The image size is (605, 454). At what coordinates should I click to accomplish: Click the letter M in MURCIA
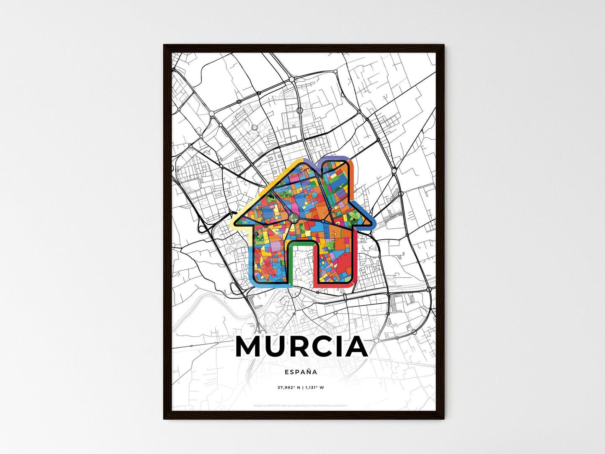pos(250,347)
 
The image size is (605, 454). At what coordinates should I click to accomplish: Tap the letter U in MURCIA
pos(277,347)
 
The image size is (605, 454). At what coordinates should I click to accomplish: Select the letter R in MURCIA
pos(301,347)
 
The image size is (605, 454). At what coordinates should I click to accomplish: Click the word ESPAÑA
pos(301,371)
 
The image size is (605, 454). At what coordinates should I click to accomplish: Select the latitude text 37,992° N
pos(289,387)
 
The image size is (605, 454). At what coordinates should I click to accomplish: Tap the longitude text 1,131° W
pos(314,387)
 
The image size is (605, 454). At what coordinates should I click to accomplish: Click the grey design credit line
pos(301,405)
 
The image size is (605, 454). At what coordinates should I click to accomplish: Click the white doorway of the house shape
pos(301,264)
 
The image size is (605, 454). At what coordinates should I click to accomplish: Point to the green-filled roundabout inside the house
pos(293,217)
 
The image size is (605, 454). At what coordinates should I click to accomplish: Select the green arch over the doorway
pos(301,243)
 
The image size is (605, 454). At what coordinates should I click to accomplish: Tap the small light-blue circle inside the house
pos(315,195)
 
